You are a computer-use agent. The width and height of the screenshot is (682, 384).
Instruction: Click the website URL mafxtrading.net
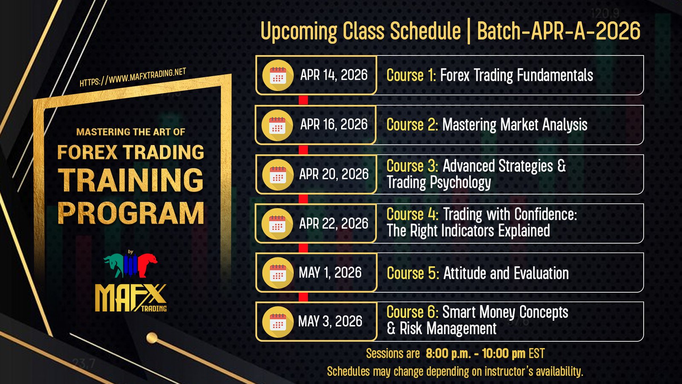[x=133, y=77]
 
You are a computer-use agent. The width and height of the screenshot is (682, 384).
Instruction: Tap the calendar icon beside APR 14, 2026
[x=277, y=75]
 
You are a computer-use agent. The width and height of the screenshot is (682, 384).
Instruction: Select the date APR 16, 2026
[x=334, y=125]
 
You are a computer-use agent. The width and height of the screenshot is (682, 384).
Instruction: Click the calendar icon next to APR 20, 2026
[x=277, y=175]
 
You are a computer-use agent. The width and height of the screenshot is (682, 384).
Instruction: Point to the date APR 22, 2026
[x=334, y=224]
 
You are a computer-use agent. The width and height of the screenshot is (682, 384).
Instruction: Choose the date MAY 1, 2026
[x=330, y=273]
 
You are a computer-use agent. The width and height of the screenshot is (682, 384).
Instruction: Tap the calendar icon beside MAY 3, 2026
[x=277, y=322]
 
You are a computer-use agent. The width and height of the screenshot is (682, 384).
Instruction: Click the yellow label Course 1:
[x=411, y=75]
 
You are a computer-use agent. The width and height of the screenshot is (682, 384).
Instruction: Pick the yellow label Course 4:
[x=413, y=214]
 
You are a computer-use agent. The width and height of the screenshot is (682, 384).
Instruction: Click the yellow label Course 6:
[x=412, y=312]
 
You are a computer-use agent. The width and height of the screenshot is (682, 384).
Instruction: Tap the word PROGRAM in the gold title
[x=130, y=213]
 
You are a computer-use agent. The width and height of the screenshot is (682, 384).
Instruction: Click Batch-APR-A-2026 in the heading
[x=559, y=31]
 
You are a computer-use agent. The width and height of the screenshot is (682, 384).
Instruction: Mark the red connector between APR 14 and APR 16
[x=303, y=100]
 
